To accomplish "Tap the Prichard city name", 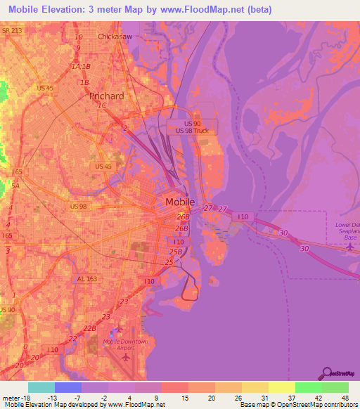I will [x=107, y=96].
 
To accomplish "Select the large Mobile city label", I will [x=179, y=202].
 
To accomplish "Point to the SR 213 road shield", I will [x=13, y=31].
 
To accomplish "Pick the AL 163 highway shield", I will [x=86, y=279].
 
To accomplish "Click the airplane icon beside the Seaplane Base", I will [x=350, y=247].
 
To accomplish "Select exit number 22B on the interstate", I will [x=89, y=328].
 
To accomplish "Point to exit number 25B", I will [x=176, y=251].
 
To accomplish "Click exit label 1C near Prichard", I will [x=102, y=105].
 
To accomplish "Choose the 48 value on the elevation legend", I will [x=345, y=398].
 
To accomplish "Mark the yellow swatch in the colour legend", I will [x=281, y=387].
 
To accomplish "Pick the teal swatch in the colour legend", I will [x=41, y=387].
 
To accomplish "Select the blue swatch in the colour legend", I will [x=67, y=387].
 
